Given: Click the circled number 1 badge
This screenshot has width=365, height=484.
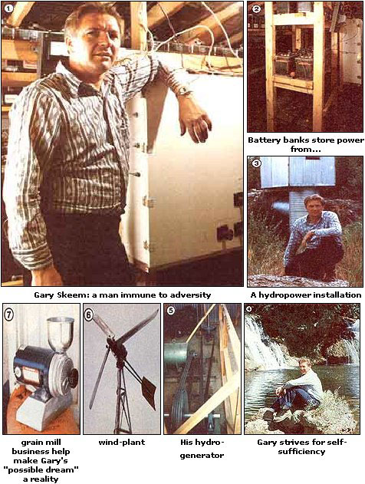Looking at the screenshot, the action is tap(8, 8).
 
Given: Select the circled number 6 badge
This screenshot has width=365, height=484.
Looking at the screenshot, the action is tap(89, 314).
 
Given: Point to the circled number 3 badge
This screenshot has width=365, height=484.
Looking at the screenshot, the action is tap(256, 163).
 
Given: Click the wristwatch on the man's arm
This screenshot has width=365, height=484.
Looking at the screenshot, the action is tap(185, 91).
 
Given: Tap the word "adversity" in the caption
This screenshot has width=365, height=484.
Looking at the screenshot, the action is tap(192, 295).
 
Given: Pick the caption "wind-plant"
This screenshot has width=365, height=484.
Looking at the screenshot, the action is tap(122, 443).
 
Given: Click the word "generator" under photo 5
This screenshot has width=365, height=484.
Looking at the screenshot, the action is tap(202, 456).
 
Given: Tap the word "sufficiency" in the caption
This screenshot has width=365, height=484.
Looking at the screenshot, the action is tap(301, 452).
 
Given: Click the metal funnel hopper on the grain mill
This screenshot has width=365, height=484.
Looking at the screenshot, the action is tap(60, 334).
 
